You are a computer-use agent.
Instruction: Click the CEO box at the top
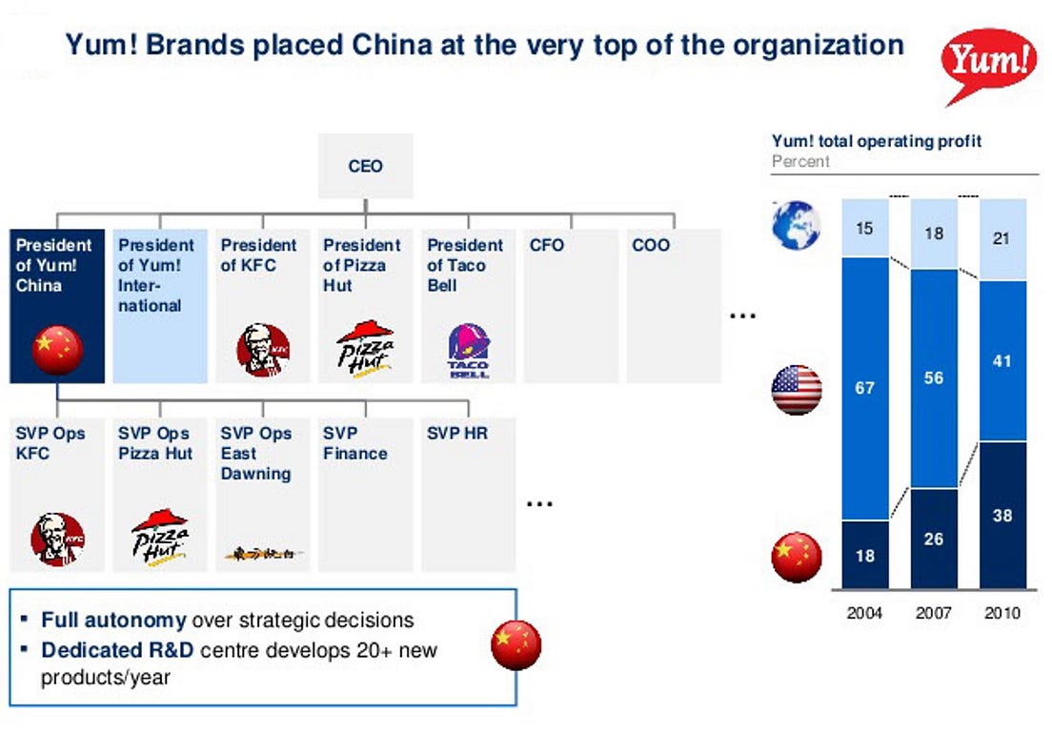click(x=365, y=167)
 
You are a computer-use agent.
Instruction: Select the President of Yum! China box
click(x=56, y=305)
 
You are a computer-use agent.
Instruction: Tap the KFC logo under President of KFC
click(x=263, y=350)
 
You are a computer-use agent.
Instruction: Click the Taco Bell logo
click(x=468, y=351)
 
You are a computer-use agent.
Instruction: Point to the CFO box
click(x=570, y=305)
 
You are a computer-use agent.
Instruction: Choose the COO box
click(x=673, y=305)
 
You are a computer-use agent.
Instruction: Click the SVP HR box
click(x=468, y=493)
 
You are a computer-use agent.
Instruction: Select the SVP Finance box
click(x=365, y=493)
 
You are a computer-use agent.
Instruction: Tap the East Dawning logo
click(x=263, y=552)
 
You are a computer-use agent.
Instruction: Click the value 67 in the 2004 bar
click(x=864, y=389)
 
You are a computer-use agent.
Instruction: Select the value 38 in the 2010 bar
click(x=1002, y=516)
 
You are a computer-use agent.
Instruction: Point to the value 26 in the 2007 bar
click(x=933, y=539)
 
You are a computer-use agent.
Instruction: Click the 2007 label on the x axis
click(x=933, y=613)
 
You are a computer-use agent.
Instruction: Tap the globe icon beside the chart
click(x=797, y=226)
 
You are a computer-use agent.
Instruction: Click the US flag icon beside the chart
click(x=797, y=389)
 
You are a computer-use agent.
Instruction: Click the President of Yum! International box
click(x=159, y=305)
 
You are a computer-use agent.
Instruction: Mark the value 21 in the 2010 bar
click(x=1002, y=239)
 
